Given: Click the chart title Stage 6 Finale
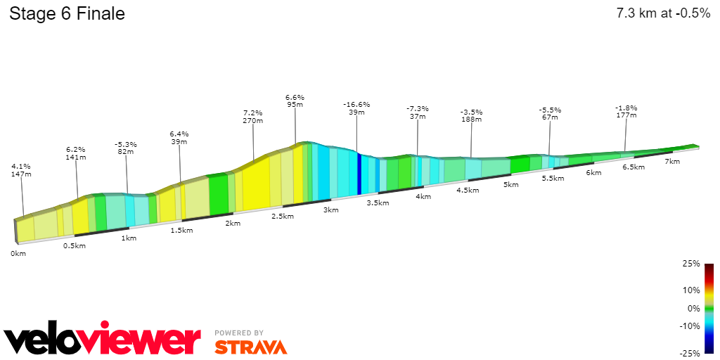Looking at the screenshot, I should tap(67, 13).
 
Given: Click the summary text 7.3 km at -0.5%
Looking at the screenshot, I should tap(663, 13).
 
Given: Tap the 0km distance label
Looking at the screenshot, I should tap(18, 253).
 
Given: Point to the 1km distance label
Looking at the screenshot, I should tap(129, 238).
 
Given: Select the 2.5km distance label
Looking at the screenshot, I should tap(283, 216).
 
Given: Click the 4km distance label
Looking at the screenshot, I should tap(423, 196).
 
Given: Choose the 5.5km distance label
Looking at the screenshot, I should tap(553, 178).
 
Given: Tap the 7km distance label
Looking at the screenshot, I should tap(672, 161).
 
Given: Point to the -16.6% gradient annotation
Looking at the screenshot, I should tap(356, 104).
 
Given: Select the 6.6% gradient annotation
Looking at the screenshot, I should tap(295, 97).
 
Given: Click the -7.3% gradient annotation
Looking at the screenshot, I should tap(418, 108).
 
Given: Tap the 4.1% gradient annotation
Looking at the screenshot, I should tap(22, 166).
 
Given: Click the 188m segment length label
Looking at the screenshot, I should tap(471, 120).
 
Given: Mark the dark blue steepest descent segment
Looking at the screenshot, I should tap(359, 174).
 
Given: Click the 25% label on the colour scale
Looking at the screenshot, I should tap(692, 264).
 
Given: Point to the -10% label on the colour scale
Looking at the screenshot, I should tap(690, 326).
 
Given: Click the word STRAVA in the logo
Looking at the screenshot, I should tap(250, 347).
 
